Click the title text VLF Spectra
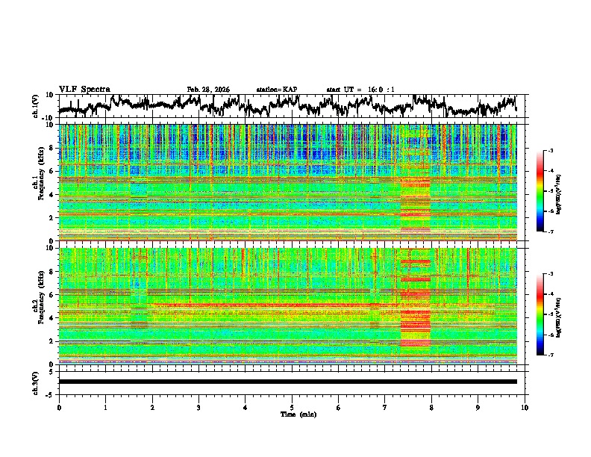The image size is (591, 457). pos(84,90)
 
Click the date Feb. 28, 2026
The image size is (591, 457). pos(208,90)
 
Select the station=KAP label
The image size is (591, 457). pos(277,90)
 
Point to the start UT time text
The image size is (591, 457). pos(360,90)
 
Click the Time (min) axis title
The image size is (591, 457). pos(292,414)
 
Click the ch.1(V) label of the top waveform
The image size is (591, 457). pos(35,106)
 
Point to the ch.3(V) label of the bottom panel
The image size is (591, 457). pos(35,382)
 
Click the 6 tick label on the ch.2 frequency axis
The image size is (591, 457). pos(52,294)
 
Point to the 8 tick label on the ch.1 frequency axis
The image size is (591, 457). pos(52,148)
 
